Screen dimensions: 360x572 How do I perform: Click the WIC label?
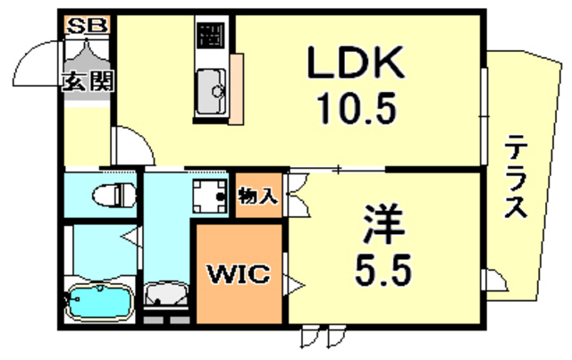pyautogui.click(x=240, y=275)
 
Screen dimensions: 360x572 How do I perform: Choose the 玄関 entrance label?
pyautogui.click(x=87, y=82)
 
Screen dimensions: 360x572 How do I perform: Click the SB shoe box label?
pyautogui.click(x=87, y=25)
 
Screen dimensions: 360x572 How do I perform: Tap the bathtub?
pyautogui.click(x=101, y=300)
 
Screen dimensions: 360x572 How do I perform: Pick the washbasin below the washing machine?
pyautogui.click(x=165, y=294)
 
